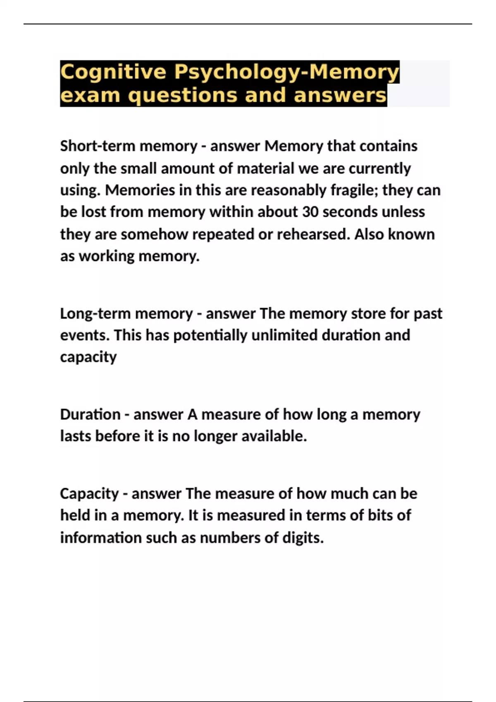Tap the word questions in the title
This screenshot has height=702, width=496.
click(182, 96)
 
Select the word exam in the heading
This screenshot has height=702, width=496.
click(90, 96)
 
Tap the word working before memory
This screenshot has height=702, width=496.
click(107, 256)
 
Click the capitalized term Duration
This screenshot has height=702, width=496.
click(90, 414)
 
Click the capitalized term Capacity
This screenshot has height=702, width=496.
click(89, 494)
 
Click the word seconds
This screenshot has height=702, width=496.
click(350, 212)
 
